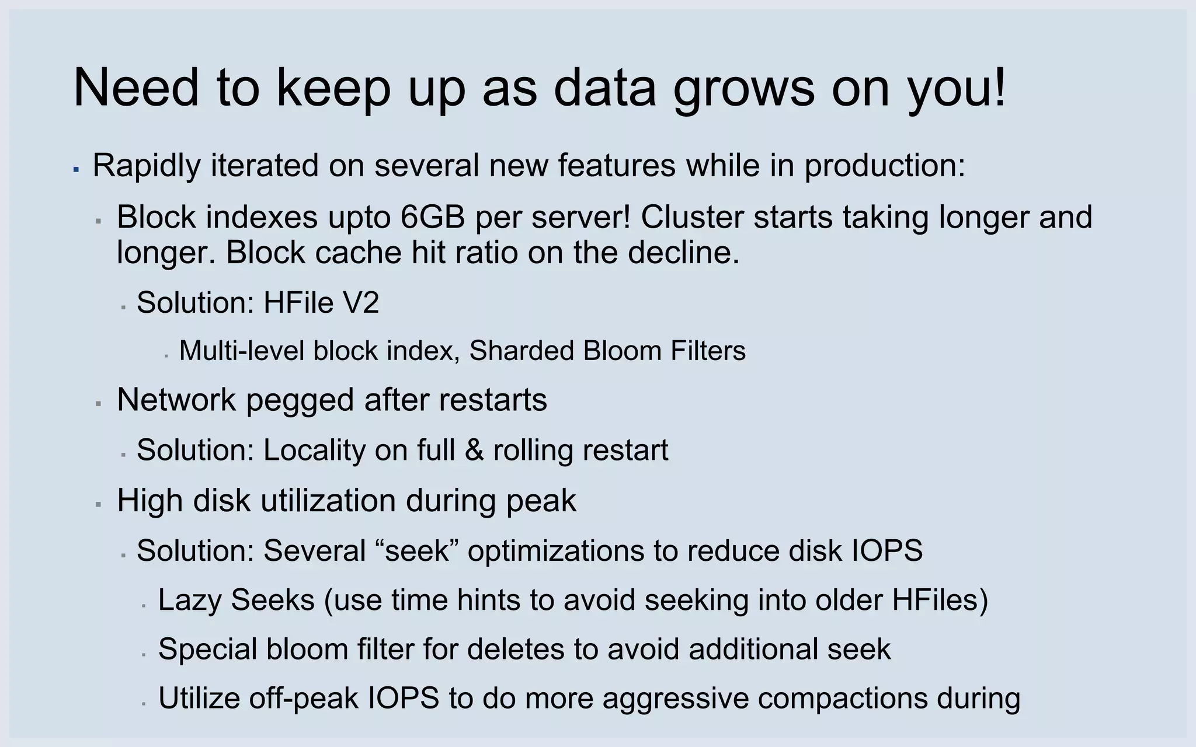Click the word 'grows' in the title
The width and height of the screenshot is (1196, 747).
tap(743, 89)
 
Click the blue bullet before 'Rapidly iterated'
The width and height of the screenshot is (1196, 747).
tap(76, 169)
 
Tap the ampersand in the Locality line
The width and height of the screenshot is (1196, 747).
tap(474, 450)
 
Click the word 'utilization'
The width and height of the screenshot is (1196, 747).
tap(328, 501)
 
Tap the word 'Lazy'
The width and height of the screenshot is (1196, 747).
tap(190, 600)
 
